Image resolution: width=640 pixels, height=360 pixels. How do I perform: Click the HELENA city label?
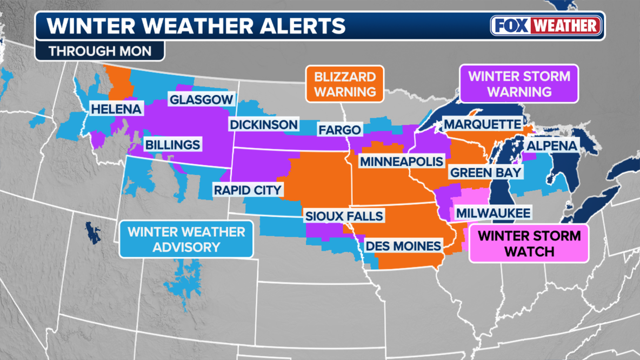(x=116, y=109)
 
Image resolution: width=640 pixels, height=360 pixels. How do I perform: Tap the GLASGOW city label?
(x=201, y=99)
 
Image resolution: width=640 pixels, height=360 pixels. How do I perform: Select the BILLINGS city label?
(x=172, y=145)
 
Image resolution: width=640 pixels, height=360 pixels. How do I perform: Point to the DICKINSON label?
(x=264, y=124)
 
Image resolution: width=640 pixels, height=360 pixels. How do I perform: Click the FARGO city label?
(x=339, y=130)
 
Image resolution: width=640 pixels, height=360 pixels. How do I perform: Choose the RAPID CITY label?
(x=248, y=190)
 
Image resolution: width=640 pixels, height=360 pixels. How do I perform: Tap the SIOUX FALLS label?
(x=344, y=216)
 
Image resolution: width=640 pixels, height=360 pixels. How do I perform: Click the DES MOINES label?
(x=403, y=246)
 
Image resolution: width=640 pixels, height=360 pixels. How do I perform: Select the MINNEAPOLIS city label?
(x=402, y=162)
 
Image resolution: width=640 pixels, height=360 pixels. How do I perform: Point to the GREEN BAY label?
(x=486, y=172)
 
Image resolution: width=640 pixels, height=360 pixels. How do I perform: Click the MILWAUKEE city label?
(x=493, y=213)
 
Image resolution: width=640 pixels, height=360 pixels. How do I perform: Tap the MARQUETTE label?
(x=483, y=124)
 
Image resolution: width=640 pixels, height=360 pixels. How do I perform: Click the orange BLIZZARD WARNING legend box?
(x=344, y=84)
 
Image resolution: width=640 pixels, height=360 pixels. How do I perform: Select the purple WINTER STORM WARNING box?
(x=519, y=84)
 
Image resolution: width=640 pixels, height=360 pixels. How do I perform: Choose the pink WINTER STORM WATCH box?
(x=529, y=244)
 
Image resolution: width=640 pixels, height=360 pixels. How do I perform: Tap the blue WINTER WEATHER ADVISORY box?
(x=186, y=239)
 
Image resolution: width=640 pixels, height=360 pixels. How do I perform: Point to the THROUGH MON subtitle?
(x=99, y=51)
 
